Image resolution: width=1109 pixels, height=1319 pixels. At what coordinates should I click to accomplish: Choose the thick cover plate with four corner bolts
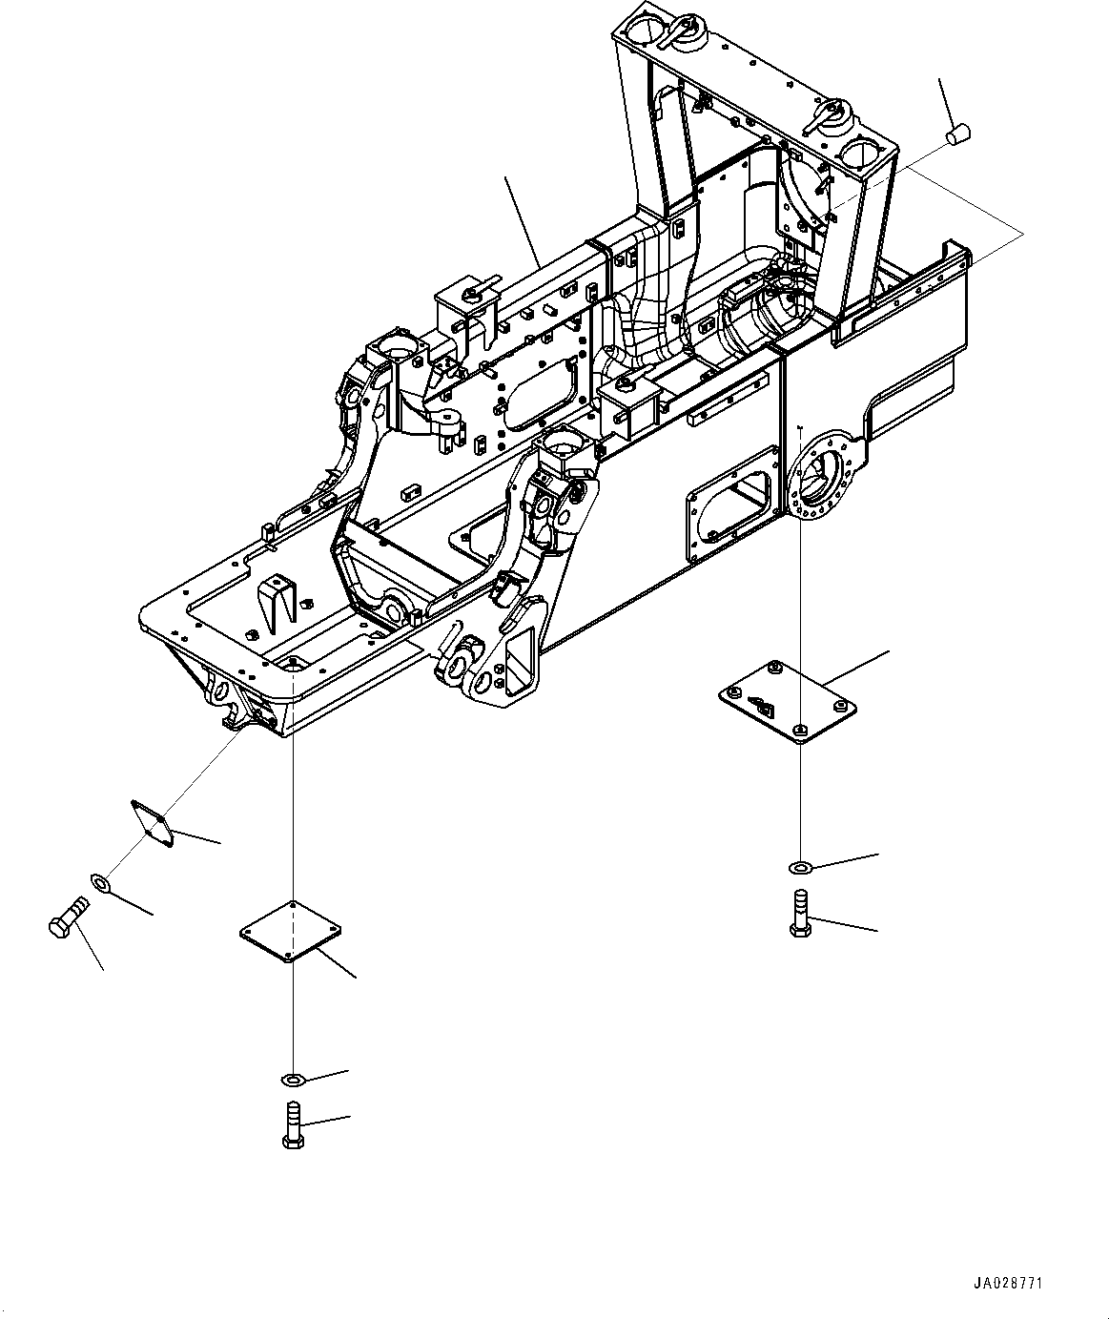[x=787, y=701]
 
